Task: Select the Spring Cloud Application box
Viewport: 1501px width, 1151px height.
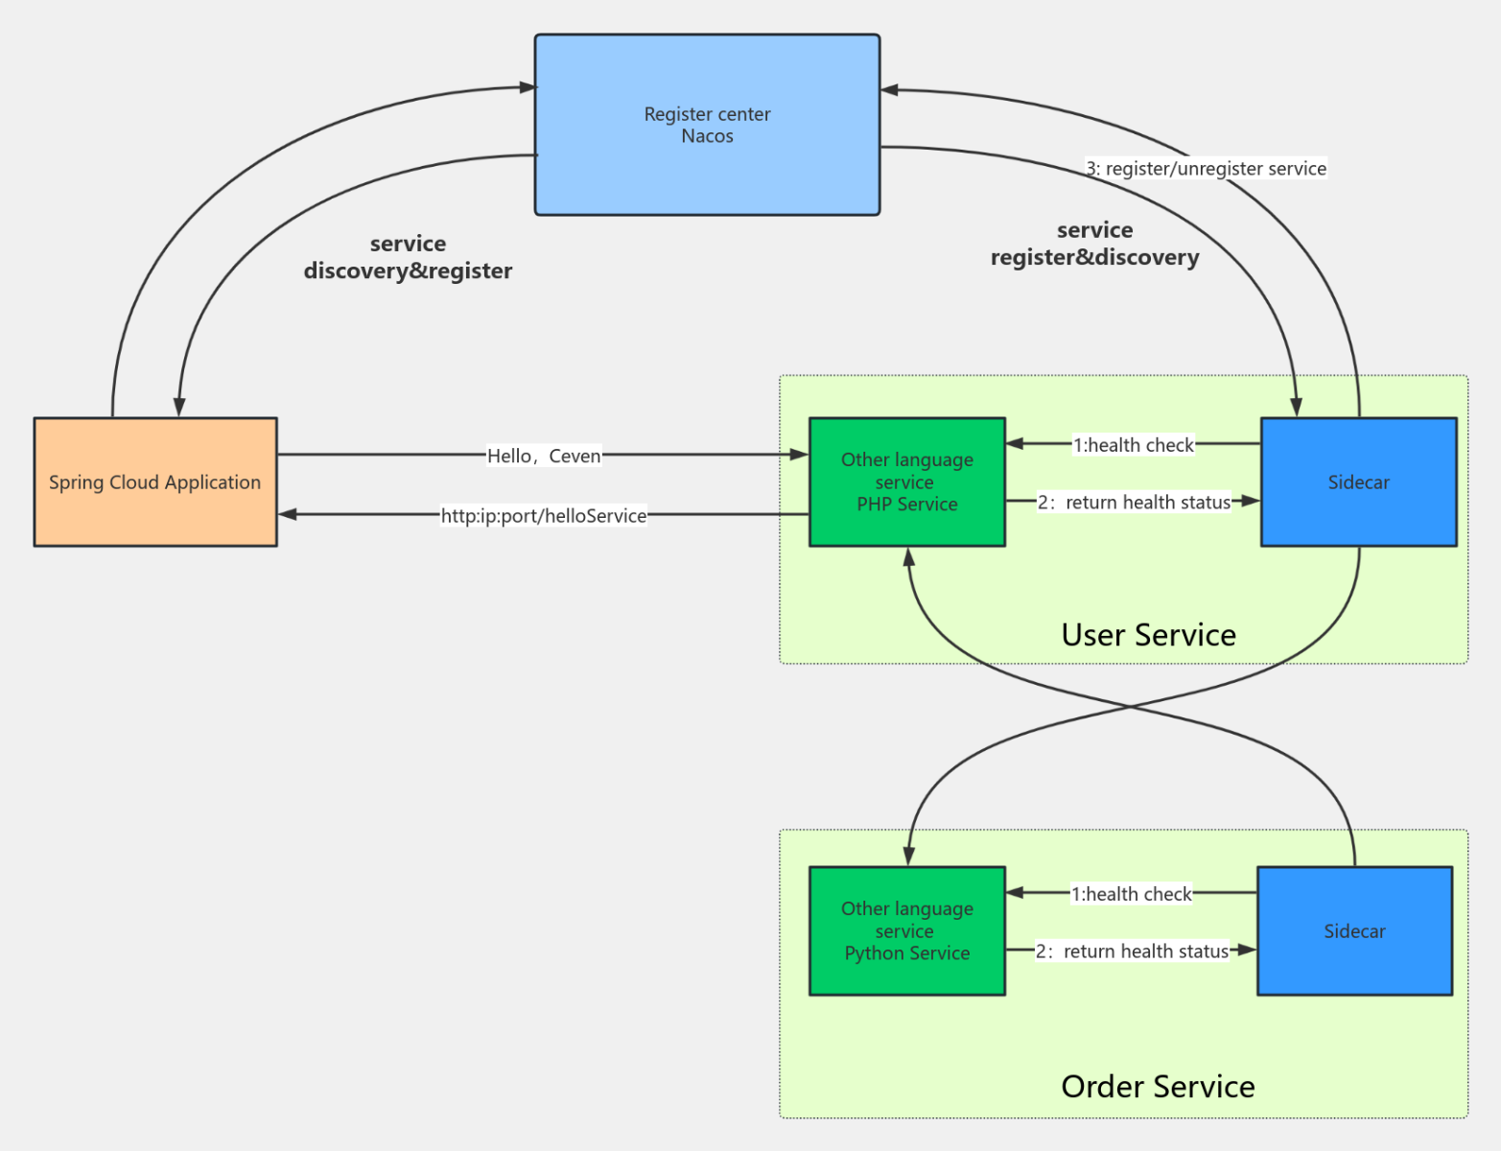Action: click(154, 482)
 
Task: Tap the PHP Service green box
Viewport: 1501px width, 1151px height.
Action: click(906, 482)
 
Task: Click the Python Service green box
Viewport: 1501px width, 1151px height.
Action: click(906, 930)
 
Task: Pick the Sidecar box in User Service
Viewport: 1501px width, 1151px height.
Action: click(1358, 482)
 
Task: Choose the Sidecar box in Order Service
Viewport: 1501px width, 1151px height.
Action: click(1354, 931)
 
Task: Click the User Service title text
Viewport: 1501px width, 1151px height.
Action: click(1148, 635)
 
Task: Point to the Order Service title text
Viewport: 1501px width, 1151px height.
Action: click(1158, 1087)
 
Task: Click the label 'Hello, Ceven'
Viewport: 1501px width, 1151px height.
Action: click(544, 456)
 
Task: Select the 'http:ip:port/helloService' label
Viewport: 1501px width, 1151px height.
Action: click(544, 516)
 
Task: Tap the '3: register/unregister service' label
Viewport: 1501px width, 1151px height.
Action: click(1207, 169)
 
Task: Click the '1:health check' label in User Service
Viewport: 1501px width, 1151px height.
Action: click(1133, 445)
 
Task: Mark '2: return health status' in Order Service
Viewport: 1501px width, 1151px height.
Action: click(1132, 951)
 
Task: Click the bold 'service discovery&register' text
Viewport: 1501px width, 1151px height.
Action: click(408, 257)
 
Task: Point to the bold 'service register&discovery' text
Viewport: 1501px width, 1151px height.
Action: click(1094, 244)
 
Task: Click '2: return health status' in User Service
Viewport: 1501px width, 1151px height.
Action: click(1134, 503)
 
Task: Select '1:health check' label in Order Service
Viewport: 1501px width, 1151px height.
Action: click(1131, 894)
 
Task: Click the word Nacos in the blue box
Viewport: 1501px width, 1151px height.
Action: click(707, 136)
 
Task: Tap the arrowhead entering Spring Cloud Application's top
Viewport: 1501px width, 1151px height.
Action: click(178, 407)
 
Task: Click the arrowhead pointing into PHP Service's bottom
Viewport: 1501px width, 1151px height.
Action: click(908, 557)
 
